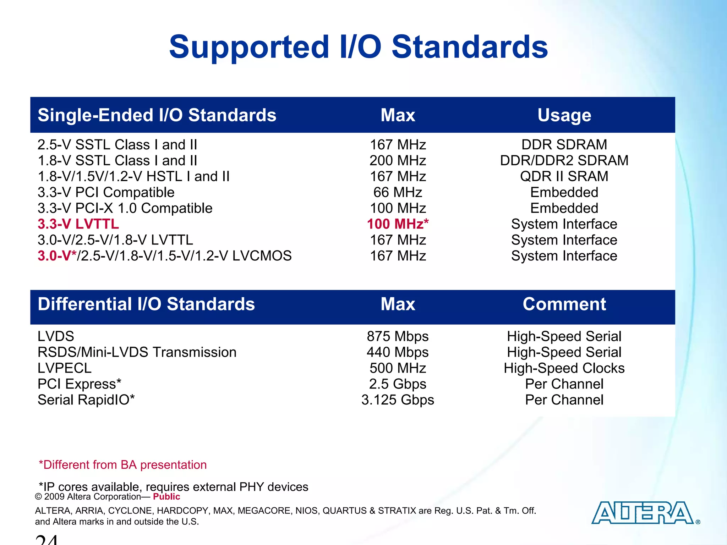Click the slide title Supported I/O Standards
coord(359,47)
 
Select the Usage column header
coord(564,115)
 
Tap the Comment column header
coord(564,304)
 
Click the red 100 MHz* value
coord(398,224)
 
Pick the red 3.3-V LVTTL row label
coord(78,224)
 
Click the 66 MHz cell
coord(398,192)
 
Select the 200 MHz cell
coord(398,161)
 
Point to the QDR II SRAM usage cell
coord(564,176)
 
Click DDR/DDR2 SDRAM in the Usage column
coord(564,161)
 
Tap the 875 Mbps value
coord(398,336)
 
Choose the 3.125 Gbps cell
coord(398,400)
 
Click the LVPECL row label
coord(65,368)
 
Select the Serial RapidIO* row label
coord(86,400)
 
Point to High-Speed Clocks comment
coord(564,368)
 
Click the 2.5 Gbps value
coord(398,384)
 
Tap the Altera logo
coord(643,513)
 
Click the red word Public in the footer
coord(166,497)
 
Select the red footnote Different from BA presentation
coord(122,465)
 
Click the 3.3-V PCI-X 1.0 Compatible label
coord(125,208)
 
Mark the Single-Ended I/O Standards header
coord(157,115)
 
